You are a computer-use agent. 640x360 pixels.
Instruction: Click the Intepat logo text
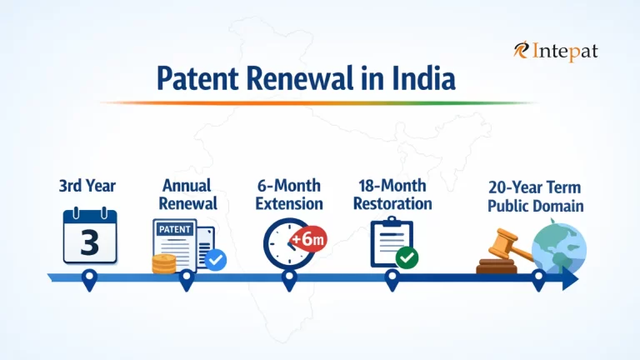(563, 52)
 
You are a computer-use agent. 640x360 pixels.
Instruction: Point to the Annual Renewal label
(187, 193)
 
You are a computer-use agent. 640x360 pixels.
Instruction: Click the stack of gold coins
(163, 264)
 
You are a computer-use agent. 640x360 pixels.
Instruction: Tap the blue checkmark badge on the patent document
(215, 260)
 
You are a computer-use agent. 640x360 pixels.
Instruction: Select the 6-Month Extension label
(289, 193)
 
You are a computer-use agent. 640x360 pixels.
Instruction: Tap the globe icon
(560, 247)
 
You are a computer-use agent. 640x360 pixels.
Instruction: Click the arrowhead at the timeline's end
(571, 278)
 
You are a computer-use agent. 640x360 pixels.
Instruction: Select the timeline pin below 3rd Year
(89, 280)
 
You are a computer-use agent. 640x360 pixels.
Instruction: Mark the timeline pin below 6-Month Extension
(289, 280)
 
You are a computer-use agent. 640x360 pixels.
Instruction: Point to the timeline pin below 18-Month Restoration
(392, 280)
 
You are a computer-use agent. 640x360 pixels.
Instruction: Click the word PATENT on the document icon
(174, 227)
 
